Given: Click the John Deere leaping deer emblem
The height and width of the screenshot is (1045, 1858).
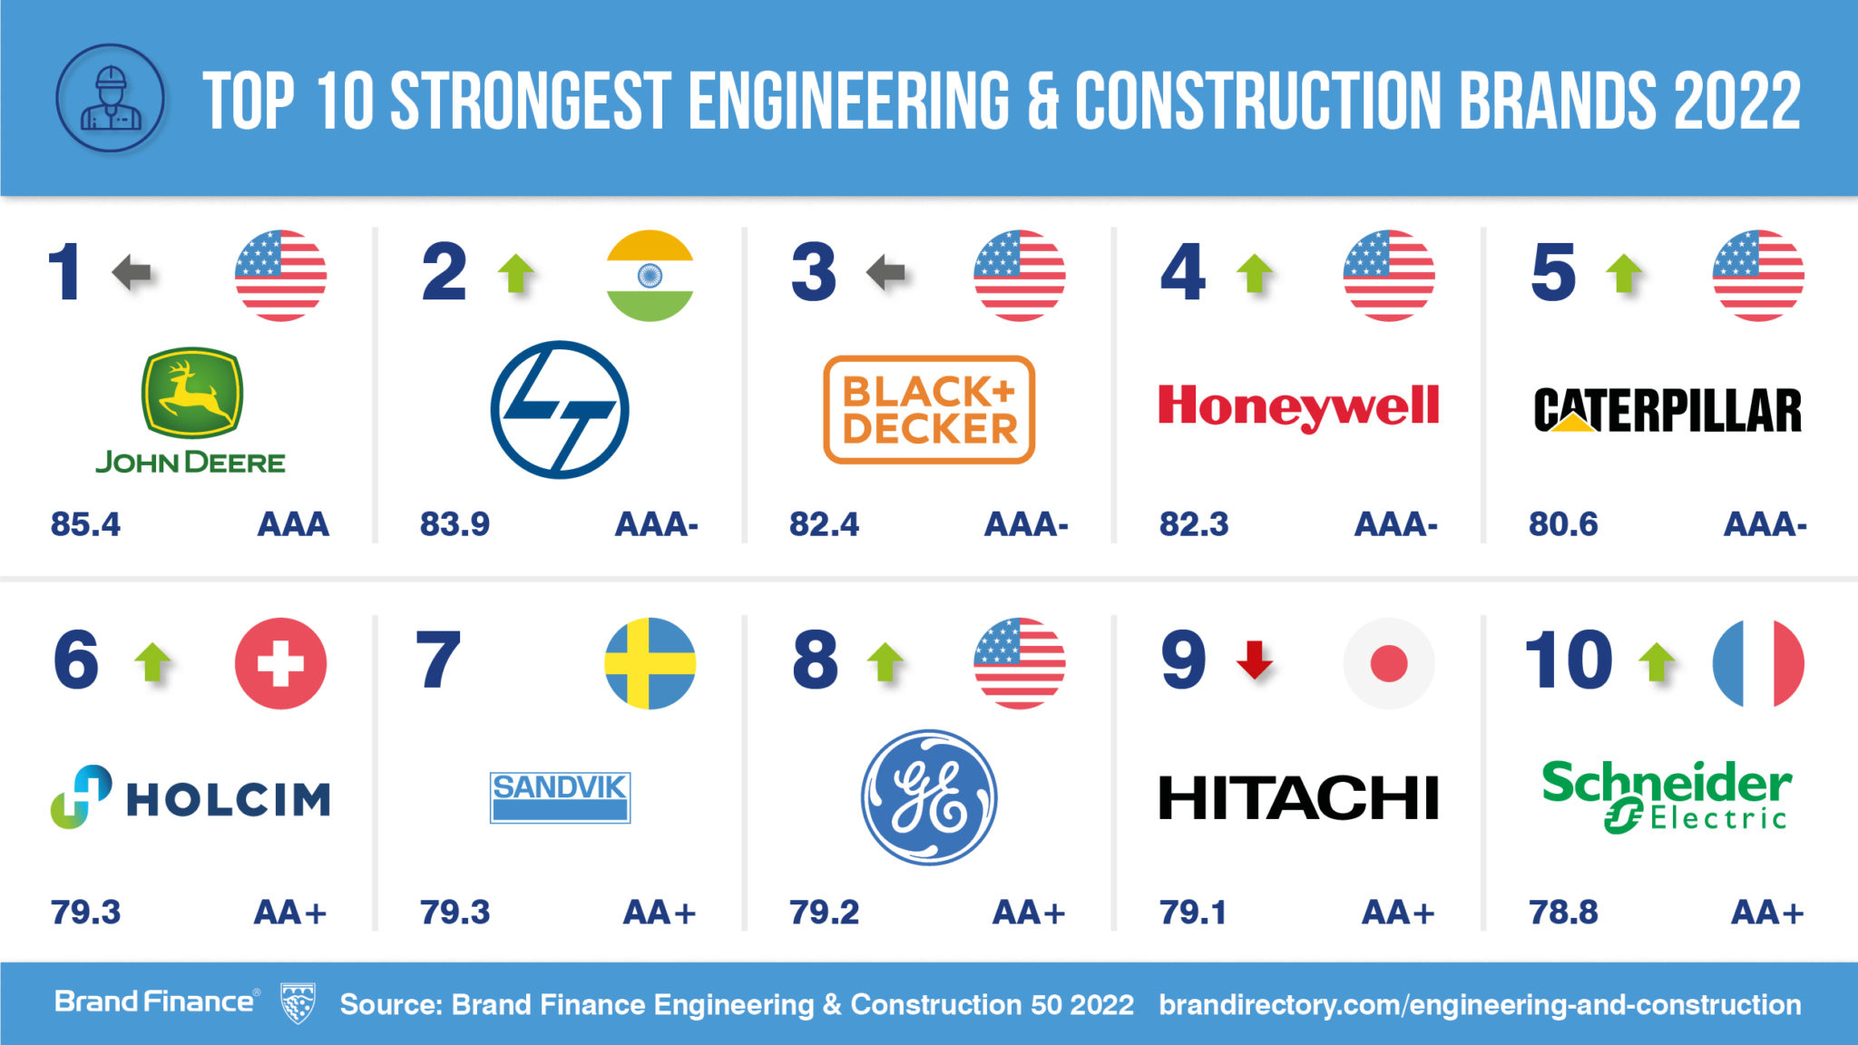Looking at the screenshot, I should tap(191, 393).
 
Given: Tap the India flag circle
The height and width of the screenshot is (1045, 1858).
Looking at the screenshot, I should tap(650, 276).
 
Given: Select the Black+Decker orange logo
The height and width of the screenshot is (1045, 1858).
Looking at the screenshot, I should tap(929, 409).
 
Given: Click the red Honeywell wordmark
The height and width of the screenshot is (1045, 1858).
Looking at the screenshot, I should tap(1298, 406).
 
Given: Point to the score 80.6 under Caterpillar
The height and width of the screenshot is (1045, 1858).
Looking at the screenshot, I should tap(1562, 524).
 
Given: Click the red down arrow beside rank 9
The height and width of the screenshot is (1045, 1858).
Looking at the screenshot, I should tap(1255, 659).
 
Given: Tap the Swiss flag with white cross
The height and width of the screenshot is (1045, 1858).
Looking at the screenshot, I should tap(280, 663).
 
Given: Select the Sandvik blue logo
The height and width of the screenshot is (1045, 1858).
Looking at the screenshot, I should tap(560, 797).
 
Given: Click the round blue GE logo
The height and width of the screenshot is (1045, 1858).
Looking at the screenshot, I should tap(929, 797).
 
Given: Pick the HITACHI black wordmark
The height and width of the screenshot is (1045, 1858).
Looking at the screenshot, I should tap(1298, 798).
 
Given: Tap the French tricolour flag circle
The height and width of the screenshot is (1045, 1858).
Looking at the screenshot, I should tap(1757, 663).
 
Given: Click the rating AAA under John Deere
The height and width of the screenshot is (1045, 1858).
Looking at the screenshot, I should tap(293, 524).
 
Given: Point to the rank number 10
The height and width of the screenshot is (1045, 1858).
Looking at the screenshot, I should tap(1569, 660).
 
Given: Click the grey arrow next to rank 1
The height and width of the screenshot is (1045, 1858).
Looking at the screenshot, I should tap(132, 271).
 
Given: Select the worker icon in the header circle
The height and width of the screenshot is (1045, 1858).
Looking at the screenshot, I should tap(111, 98).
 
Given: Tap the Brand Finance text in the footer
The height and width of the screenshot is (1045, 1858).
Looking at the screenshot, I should tap(154, 1001).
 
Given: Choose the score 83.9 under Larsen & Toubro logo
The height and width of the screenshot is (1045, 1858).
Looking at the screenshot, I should tap(455, 524).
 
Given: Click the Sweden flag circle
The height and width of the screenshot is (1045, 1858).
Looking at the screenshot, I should tap(650, 663).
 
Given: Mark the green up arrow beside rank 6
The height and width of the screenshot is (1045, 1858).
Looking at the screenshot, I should tap(152, 661).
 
